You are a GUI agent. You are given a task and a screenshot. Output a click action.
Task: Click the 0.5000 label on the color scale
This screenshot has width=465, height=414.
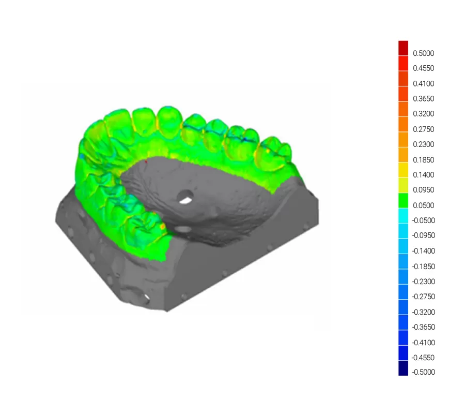click(423, 53)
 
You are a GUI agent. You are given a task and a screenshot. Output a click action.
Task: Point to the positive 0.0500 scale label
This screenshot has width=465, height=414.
click(423, 205)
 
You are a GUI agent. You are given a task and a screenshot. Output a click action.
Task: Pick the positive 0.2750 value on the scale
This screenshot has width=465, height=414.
click(423, 129)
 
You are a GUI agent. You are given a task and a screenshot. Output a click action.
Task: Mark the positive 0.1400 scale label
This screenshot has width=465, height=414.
click(423, 175)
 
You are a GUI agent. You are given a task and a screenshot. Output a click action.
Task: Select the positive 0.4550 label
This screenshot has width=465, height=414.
click(423, 68)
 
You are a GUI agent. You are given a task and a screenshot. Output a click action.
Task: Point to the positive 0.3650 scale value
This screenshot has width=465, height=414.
click(423, 99)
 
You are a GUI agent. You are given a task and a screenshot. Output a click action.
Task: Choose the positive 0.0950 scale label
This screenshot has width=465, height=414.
click(423, 190)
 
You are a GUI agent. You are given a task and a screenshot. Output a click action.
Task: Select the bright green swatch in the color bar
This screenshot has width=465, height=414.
click(403, 200)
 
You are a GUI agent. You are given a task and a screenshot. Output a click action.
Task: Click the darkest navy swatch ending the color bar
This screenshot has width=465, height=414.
click(403, 368)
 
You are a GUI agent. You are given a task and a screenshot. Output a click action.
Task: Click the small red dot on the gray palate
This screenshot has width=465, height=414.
click(146, 162)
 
